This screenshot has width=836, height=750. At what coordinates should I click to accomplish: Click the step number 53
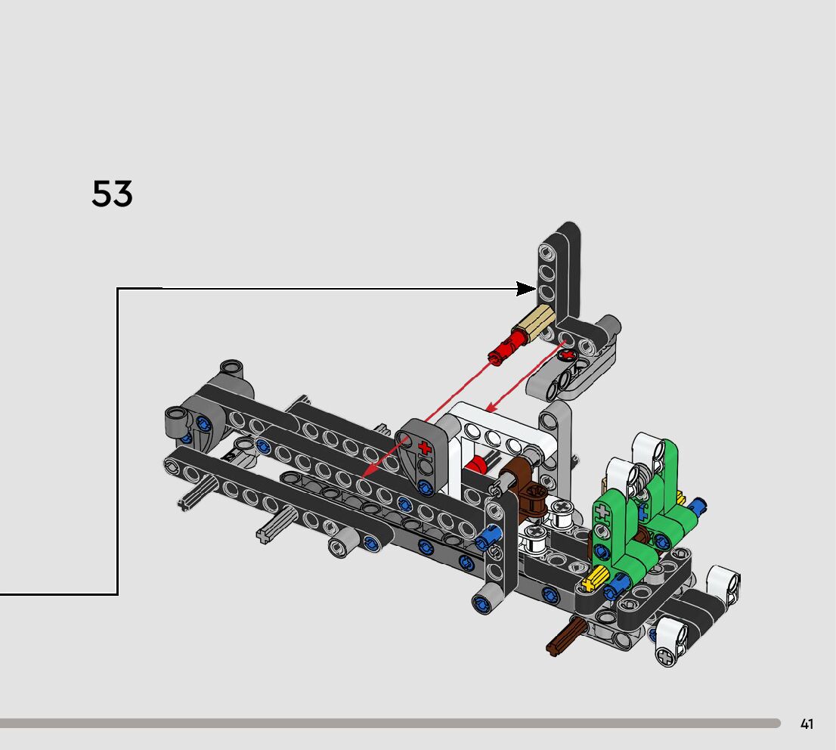click(x=112, y=193)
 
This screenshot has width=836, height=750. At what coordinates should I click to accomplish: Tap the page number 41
click(x=807, y=724)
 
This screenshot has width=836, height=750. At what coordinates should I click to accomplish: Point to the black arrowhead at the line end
click(x=526, y=289)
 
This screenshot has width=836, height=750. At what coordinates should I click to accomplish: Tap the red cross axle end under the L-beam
click(x=568, y=355)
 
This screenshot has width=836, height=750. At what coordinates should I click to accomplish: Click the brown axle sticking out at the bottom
click(x=566, y=637)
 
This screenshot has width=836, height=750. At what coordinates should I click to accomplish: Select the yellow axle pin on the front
click(x=596, y=579)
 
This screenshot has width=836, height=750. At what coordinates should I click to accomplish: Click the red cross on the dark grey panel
click(x=425, y=448)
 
